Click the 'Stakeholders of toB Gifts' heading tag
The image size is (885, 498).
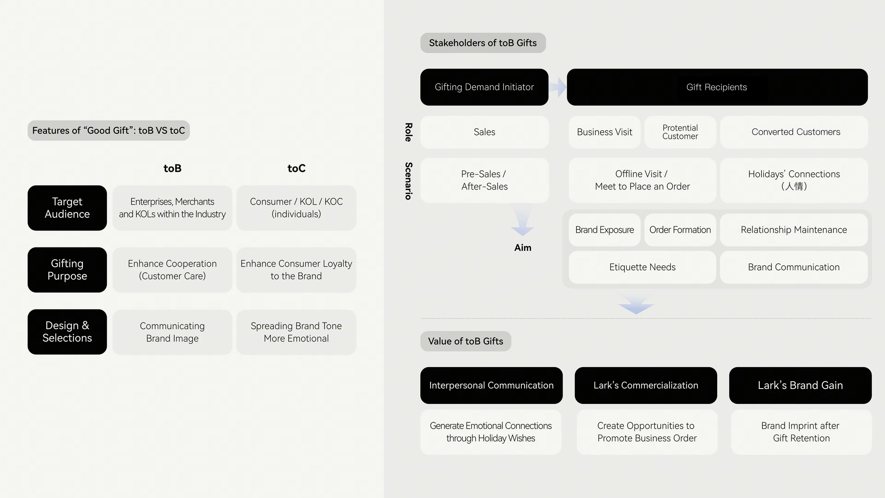(483, 43)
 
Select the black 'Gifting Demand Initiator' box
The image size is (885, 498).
(484, 87)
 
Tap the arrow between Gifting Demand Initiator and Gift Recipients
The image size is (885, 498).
(558, 87)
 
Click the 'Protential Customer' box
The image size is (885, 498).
(680, 132)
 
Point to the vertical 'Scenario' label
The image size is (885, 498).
(408, 181)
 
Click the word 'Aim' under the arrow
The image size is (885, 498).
(522, 247)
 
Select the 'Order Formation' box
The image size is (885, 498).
(680, 230)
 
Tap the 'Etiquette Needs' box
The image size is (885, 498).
(642, 267)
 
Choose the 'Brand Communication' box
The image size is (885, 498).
(794, 267)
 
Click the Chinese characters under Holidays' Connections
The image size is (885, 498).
(794, 186)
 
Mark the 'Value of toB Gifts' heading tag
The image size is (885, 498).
(466, 341)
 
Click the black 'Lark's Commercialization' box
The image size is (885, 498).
(646, 385)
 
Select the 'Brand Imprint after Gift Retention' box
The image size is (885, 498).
(801, 432)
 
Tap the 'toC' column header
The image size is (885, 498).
(296, 168)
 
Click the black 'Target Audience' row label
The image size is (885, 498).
(67, 208)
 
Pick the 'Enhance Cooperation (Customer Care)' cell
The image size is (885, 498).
(172, 270)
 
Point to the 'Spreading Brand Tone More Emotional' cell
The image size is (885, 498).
(296, 332)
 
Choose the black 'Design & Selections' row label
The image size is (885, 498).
(67, 332)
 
